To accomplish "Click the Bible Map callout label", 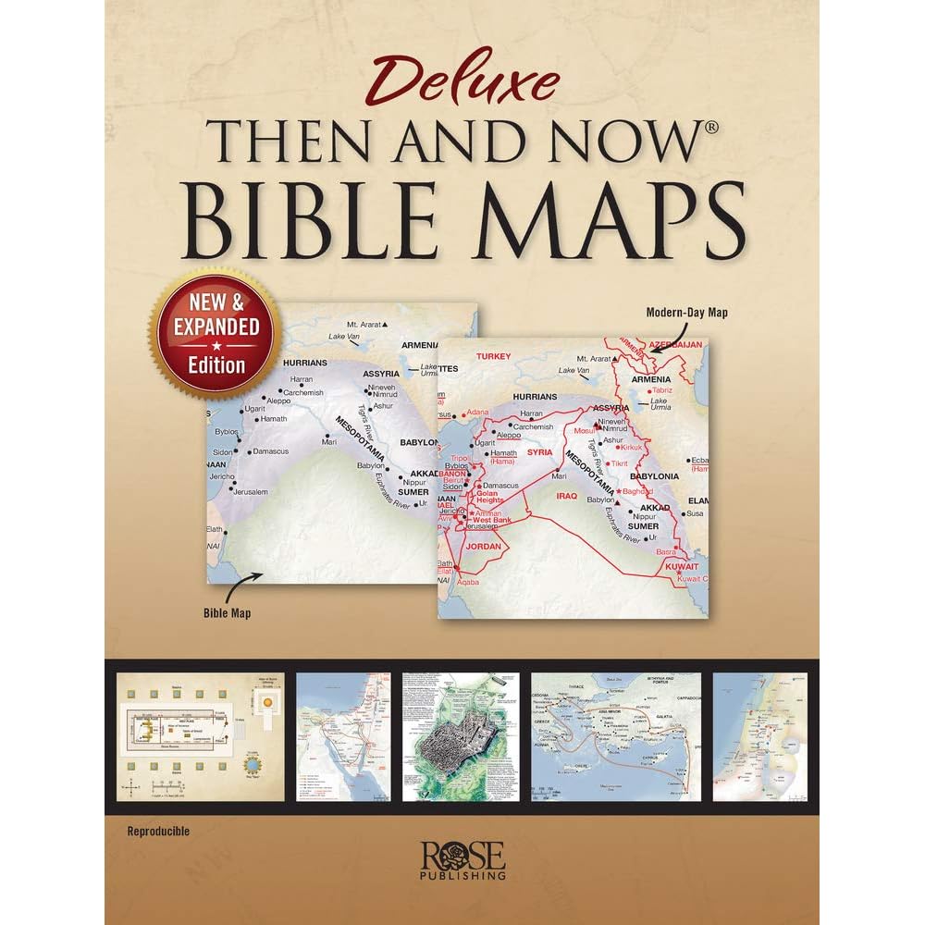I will [228, 611].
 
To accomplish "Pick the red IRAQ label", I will [566, 496].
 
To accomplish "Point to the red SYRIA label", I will [540, 452].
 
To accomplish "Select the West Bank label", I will [492, 522].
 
